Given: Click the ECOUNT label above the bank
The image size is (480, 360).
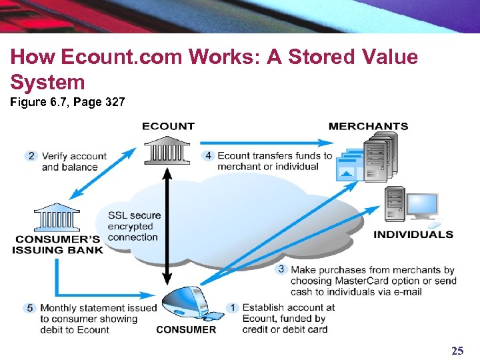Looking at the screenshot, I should [168, 126].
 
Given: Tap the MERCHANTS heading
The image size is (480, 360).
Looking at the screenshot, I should [368, 126].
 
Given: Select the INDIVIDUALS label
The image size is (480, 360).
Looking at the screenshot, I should [413, 235].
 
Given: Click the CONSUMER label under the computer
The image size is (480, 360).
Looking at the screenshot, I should [186, 329].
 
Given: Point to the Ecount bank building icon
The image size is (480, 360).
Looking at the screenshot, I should [167, 151].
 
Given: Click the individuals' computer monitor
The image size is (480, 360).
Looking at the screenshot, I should [421, 207].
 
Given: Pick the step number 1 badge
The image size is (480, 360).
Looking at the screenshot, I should [233, 308].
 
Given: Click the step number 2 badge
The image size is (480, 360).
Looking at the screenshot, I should [31, 156].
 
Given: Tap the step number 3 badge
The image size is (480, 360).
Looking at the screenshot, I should [281, 270].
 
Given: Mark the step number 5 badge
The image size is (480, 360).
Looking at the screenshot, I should [30, 308].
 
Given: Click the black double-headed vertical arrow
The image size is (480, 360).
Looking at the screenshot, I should [167, 227].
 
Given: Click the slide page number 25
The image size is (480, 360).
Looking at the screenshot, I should [457, 351].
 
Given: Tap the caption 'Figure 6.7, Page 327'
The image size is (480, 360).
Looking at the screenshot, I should [67, 103].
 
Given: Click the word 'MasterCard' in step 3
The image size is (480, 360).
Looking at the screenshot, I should [365, 281].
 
